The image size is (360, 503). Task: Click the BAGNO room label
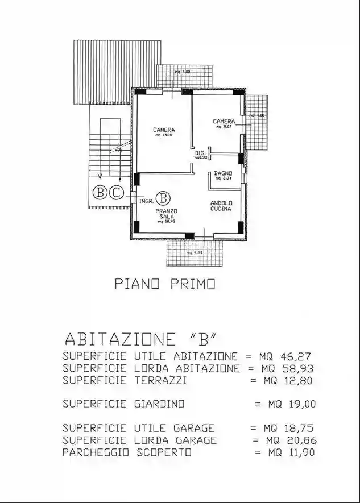(222, 173)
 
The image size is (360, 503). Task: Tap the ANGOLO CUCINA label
(220, 206)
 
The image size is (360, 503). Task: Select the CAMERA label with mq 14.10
(163, 130)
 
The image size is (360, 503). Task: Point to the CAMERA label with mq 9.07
(224, 122)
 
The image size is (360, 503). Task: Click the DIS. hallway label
(200, 153)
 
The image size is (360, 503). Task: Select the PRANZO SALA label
(167, 213)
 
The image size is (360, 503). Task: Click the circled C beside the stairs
(116, 193)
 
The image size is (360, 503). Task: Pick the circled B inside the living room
(163, 198)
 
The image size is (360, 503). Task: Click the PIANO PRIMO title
(165, 284)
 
